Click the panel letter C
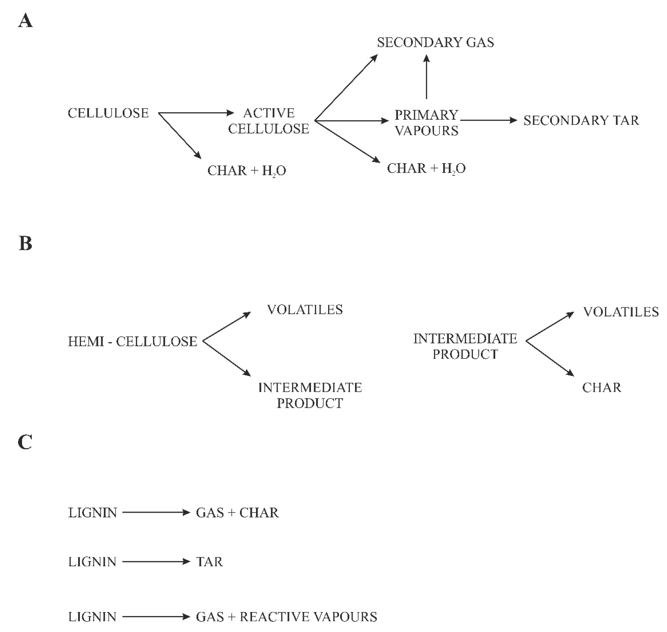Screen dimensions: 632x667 click(x=25, y=442)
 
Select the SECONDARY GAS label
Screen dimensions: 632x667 click(x=435, y=42)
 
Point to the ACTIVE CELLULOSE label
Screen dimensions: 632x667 click(x=268, y=121)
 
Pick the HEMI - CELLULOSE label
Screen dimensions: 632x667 click(x=132, y=342)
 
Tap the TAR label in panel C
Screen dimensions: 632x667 click(x=209, y=562)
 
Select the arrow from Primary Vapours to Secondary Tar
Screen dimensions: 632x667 click(x=488, y=120)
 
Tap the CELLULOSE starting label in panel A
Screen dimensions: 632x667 click(x=108, y=113)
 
